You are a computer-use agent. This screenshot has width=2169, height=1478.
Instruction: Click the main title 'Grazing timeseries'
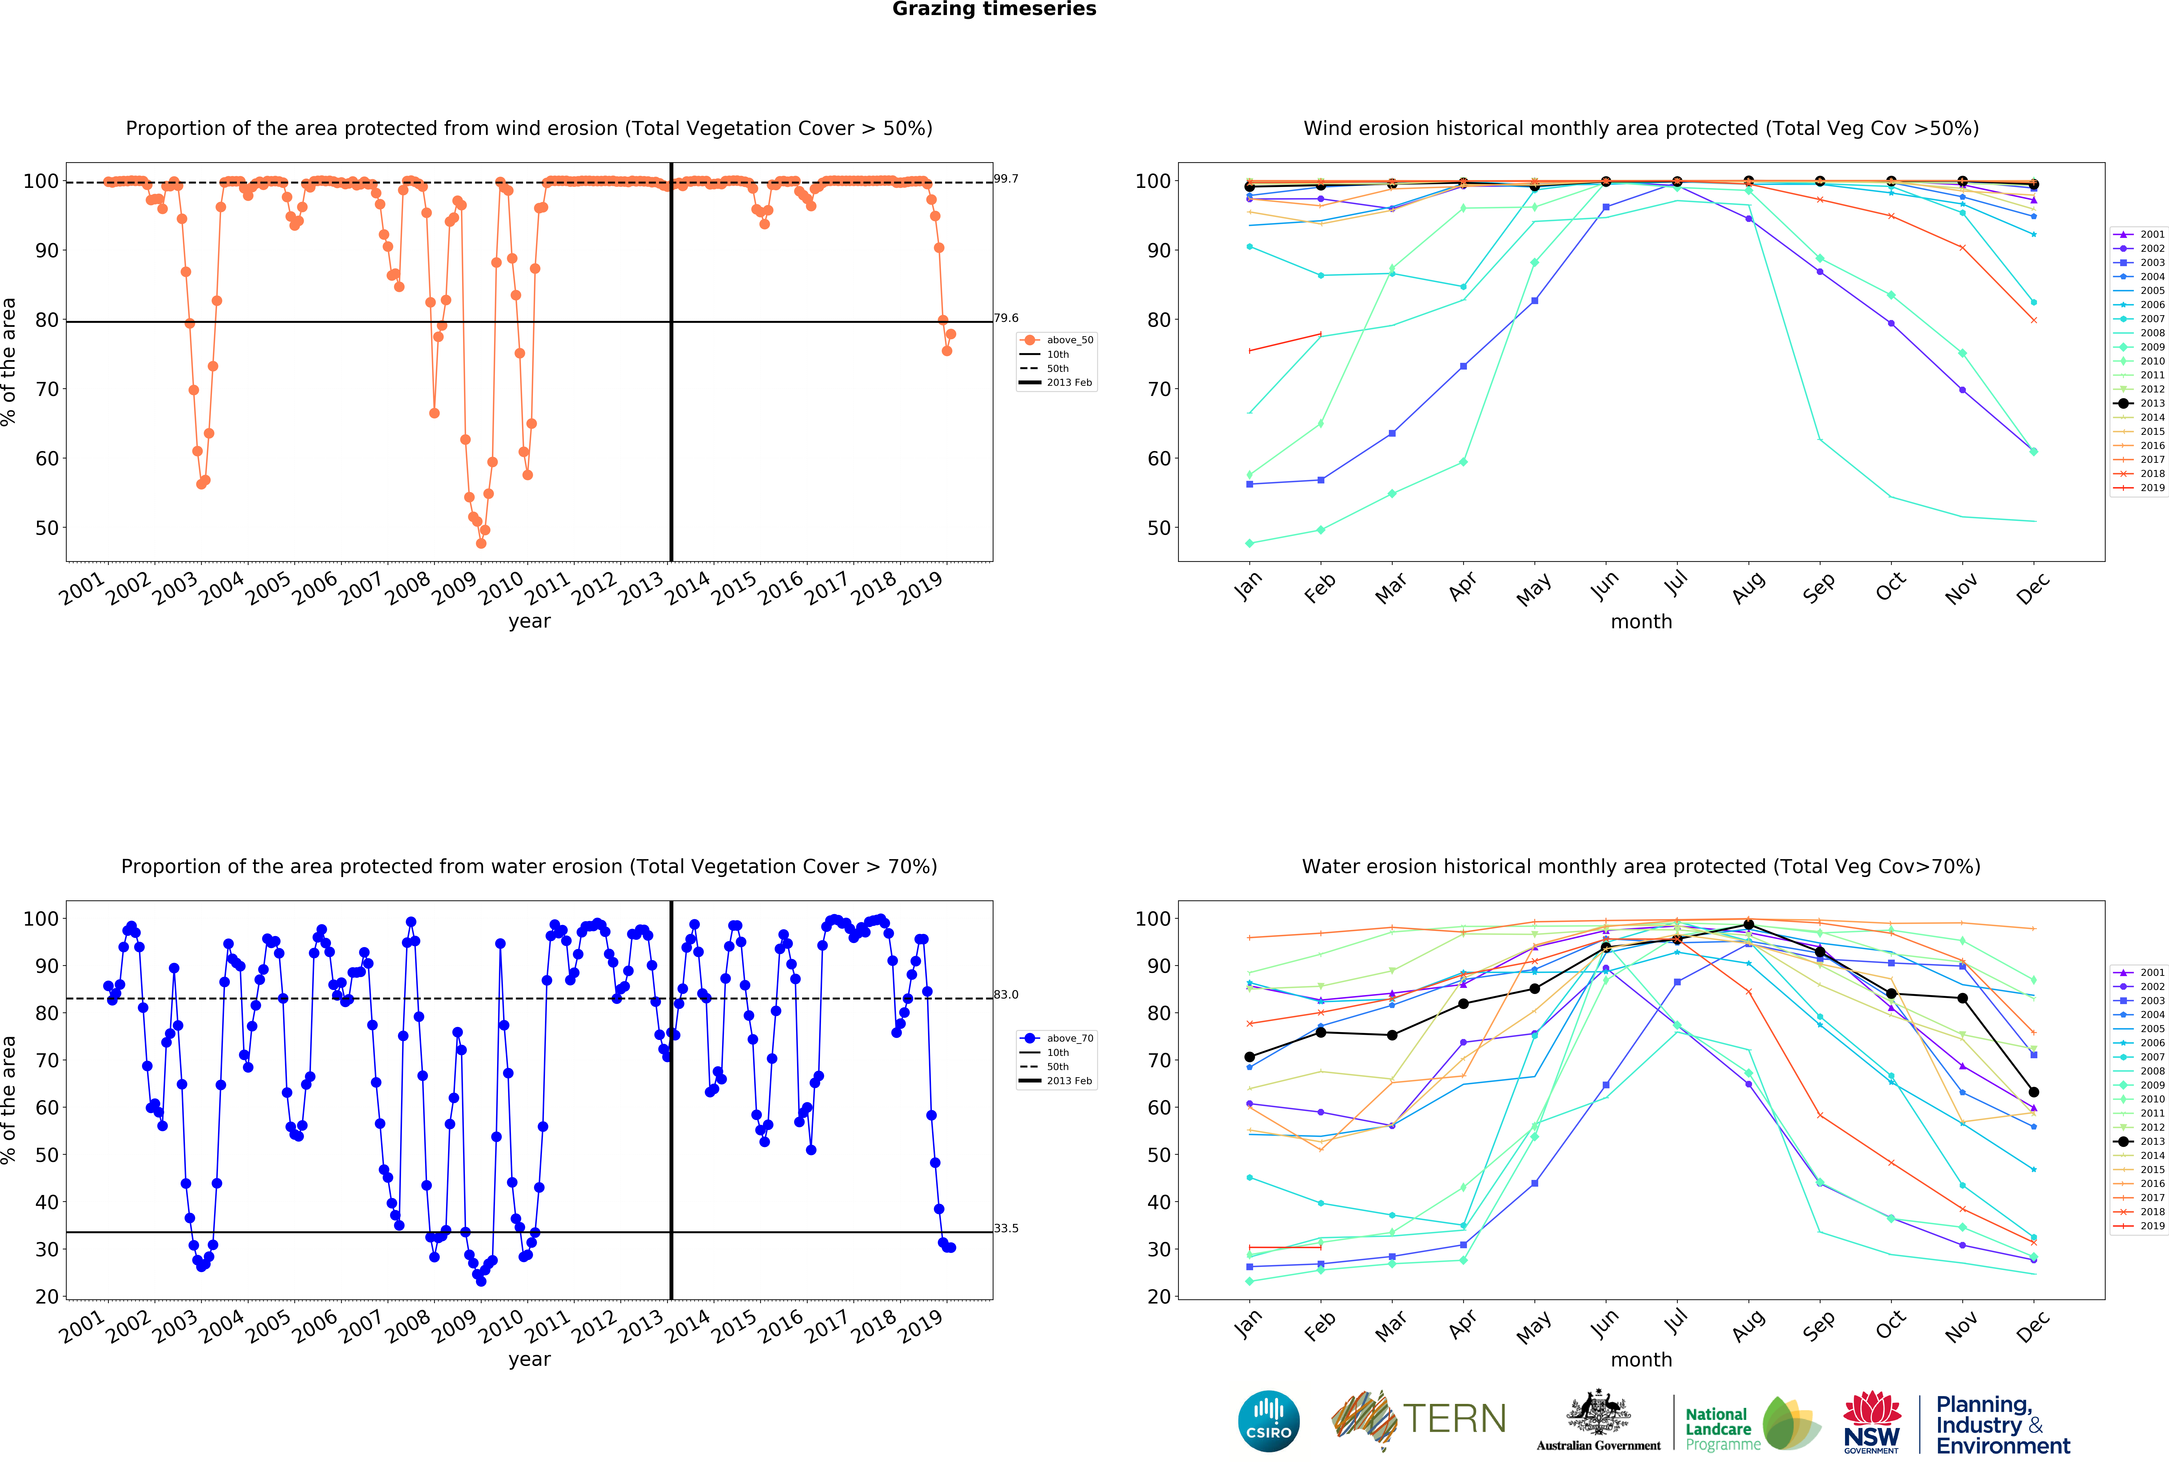pyautogui.click(x=994, y=9)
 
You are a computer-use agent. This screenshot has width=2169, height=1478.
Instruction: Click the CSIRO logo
pyautogui.click(x=1268, y=1421)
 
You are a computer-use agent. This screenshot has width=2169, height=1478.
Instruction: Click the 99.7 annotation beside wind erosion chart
pyautogui.click(x=1006, y=178)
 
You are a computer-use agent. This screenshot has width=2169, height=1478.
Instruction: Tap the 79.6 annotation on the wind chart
pyautogui.click(x=1006, y=318)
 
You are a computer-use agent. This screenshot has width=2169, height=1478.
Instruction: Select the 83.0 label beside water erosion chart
pyautogui.click(x=1006, y=995)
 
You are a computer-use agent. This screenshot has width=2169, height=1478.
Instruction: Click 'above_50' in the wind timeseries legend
pyautogui.click(x=1070, y=340)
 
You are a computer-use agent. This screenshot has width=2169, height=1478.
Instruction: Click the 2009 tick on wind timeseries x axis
pyautogui.click(x=454, y=588)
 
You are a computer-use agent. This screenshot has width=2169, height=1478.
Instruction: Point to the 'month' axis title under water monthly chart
pyautogui.click(x=1641, y=1360)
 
